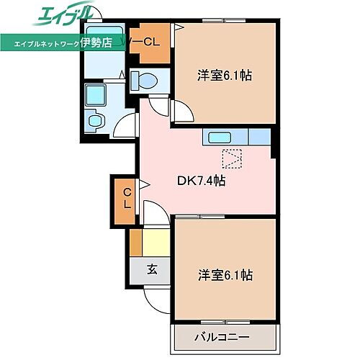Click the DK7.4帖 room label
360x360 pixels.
[x=202, y=181]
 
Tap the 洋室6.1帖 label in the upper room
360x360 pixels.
[x=225, y=74]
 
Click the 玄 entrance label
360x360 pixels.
[x=153, y=270]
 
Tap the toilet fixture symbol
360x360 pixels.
[x=147, y=81]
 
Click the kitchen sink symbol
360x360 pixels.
[x=218, y=136]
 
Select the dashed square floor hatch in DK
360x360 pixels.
[x=232, y=158]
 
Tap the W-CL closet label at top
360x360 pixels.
[x=147, y=41]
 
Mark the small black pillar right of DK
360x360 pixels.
[x=274, y=150]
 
